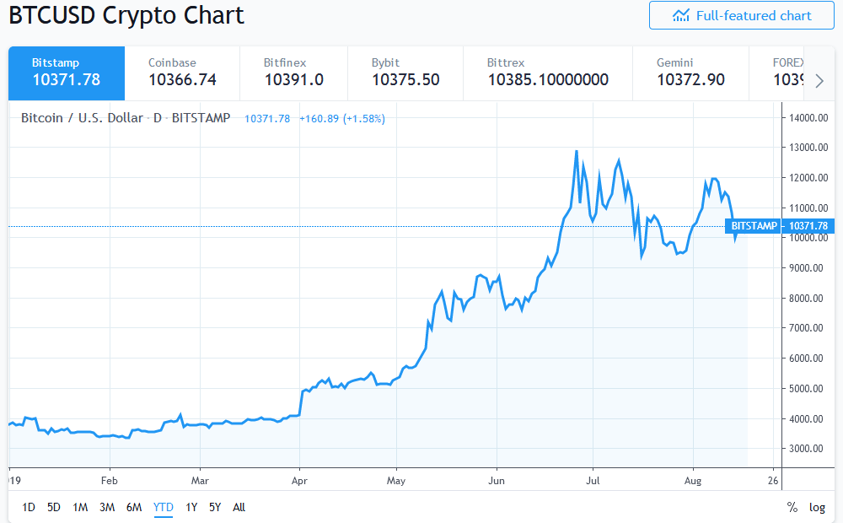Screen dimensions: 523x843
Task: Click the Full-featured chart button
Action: coord(741,16)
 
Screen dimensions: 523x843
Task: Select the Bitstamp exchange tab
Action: coord(66,73)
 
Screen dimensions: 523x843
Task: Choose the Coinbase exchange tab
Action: coord(182,73)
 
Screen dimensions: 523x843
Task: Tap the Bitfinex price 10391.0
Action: coord(293,80)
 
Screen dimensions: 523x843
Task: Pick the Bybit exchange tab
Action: coord(405,73)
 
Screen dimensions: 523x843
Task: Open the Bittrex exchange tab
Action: coord(547,73)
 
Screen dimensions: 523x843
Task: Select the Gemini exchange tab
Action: coord(690,73)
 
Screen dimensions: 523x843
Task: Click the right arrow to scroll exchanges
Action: coord(819,81)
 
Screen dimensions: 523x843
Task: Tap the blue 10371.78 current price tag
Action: coord(808,226)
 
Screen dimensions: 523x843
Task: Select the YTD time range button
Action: coord(164,507)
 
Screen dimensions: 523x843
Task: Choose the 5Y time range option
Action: coord(215,507)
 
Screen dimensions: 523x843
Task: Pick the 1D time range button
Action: coord(29,507)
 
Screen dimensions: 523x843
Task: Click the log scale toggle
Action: coord(817,507)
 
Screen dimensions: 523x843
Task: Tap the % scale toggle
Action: coord(792,507)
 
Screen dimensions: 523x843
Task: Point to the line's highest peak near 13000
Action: coord(576,152)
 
